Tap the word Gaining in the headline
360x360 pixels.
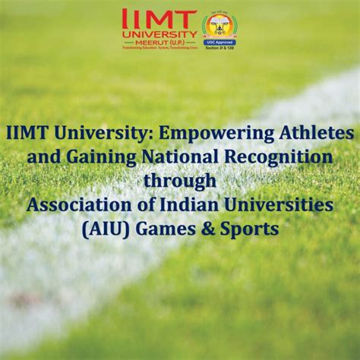click(122, 157)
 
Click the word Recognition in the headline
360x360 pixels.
click(288, 157)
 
